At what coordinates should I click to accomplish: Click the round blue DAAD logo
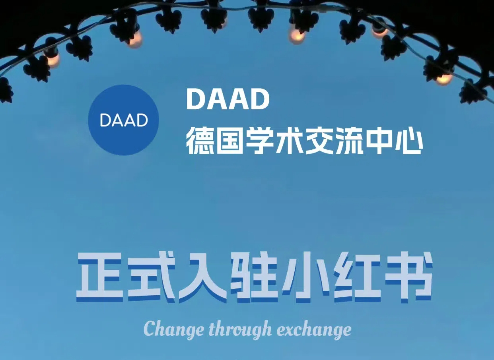pyautogui.click(x=123, y=120)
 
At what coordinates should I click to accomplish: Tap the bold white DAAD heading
pyautogui.click(x=228, y=99)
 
